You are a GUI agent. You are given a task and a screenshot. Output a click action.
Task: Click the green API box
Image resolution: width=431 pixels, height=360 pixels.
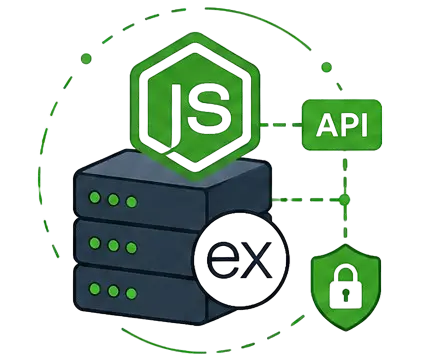click(342, 125)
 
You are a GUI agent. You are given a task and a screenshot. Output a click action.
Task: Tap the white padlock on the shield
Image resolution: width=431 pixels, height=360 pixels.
click(346, 289)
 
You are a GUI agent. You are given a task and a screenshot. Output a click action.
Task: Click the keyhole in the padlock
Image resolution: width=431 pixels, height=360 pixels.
click(346, 295)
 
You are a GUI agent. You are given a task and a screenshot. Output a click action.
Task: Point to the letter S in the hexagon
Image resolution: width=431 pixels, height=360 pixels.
click(209, 108)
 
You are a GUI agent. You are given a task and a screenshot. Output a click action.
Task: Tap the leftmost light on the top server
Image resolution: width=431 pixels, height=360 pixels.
click(95, 198)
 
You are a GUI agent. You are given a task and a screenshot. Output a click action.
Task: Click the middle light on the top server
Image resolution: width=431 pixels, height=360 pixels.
click(113, 200)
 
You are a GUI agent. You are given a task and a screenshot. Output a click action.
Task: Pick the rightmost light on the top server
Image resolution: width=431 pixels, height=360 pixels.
click(131, 202)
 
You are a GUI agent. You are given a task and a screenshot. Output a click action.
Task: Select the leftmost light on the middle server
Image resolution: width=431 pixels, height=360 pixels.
click(95, 243)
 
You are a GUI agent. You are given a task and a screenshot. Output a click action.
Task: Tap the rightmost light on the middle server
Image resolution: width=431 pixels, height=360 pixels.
click(131, 247)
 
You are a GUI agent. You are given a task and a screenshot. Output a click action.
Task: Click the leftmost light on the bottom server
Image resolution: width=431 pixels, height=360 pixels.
click(95, 288)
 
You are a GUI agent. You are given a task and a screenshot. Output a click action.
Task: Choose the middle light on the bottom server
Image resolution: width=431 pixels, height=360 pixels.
click(113, 291)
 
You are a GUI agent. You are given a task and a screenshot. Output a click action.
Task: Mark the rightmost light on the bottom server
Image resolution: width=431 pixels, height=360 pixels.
click(131, 293)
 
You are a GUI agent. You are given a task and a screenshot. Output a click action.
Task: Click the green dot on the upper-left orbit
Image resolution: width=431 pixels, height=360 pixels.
click(86, 59)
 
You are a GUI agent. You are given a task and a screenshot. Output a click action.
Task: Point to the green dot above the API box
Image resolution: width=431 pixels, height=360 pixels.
click(327, 67)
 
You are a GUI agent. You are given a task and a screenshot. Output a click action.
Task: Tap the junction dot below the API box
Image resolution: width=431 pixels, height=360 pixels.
click(345, 200)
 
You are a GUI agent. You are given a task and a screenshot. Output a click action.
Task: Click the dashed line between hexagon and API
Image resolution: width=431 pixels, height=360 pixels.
click(281, 125)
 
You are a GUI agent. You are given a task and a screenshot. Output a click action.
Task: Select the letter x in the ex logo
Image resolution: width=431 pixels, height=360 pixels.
click(256, 261)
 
